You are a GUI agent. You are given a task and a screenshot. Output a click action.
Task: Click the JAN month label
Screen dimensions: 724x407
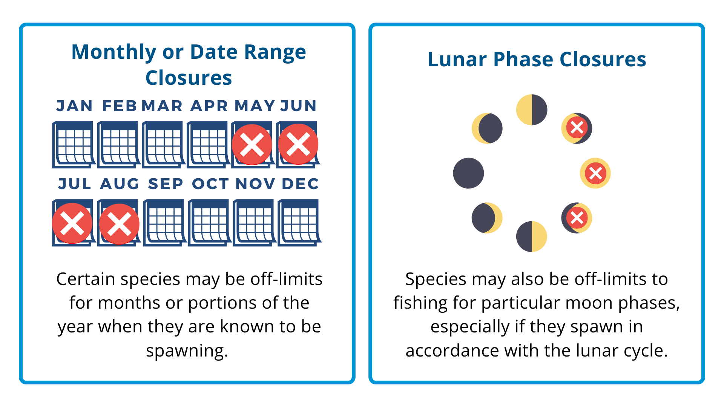click(74, 106)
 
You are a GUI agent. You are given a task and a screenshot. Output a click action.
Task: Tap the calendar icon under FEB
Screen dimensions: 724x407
click(118, 144)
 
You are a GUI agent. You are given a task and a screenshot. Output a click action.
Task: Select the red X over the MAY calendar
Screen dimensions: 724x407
click(252, 144)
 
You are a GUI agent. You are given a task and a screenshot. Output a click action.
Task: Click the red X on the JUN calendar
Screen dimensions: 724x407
click(298, 144)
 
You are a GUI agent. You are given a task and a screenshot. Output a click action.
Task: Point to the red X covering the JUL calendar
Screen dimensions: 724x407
click(72, 223)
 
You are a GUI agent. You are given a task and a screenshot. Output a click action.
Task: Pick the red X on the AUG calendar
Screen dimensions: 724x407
click(119, 224)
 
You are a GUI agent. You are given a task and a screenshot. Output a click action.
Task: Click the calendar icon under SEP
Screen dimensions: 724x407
click(164, 223)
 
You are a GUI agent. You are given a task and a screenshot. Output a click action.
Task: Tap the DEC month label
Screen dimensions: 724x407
click(301, 184)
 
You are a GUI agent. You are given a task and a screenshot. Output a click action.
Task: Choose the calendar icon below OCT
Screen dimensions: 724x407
click(210, 223)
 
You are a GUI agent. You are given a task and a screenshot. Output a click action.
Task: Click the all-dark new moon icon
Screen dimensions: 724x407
click(468, 173)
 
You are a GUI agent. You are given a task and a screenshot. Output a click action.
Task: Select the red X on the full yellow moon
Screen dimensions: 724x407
click(595, 173)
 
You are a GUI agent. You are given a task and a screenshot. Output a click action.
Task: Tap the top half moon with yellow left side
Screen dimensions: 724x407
click(532, 110)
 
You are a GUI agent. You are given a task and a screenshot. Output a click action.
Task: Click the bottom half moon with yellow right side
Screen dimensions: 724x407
click(532, 236)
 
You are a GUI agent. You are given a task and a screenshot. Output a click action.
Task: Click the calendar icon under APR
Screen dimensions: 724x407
click(208, 144)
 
